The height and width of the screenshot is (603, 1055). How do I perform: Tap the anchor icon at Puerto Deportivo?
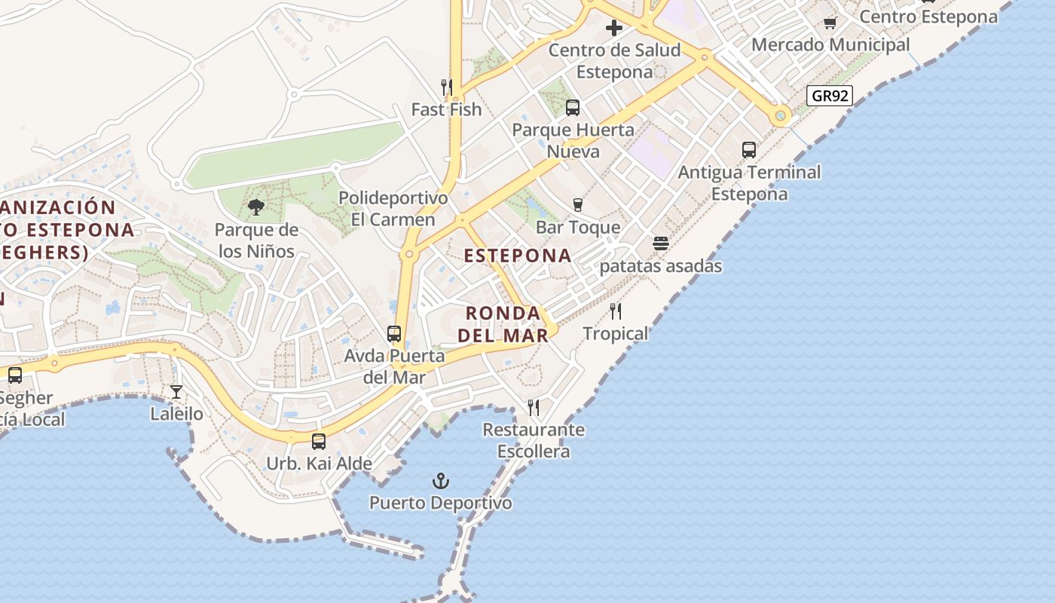click(440, 480)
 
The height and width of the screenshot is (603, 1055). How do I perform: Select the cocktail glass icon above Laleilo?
click(176, 391)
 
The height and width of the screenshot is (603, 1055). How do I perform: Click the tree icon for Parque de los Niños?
click(256, 207)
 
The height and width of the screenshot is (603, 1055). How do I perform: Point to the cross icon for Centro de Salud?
click(614, 29)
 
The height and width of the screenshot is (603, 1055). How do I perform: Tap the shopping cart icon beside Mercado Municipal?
click(830, 23)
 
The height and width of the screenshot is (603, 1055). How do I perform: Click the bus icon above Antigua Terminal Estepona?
click(749, 150)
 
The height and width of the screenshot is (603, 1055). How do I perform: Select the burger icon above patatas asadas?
click(661, 243)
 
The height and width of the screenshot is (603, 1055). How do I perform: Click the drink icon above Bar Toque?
click(578, 205)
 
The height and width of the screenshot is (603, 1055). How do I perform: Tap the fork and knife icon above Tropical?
click(616, 311)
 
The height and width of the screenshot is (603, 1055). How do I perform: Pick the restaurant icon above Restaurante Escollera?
click(534, 408)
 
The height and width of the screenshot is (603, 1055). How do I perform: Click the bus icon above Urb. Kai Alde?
click(319, 442)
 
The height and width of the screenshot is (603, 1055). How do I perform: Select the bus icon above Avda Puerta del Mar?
click(394, 333)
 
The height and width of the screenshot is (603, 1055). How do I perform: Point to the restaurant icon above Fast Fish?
click(446, 87)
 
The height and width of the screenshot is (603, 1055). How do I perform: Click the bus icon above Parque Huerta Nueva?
click(573, 108)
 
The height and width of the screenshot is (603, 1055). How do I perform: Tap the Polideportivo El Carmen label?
click(393, 209)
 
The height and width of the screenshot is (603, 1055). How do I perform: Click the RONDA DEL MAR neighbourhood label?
click(503, 324)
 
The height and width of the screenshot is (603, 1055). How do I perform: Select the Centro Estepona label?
click(928, 17)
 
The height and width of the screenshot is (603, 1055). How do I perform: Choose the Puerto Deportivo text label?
click(440, 503)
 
